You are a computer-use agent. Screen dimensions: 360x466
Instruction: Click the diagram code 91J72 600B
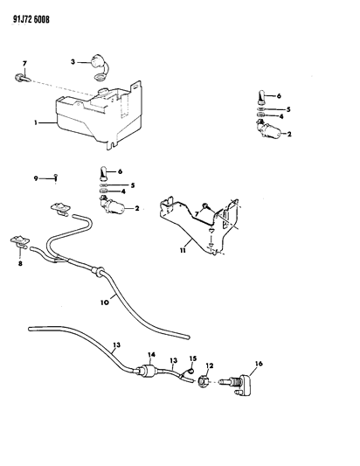(x=31, y=19)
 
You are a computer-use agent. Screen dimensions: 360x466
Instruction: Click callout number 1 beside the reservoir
(x=36, y=122)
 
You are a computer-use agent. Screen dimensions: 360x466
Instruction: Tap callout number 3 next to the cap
(x=73, y=62)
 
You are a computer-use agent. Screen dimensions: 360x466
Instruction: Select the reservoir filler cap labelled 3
(x=98, y=67)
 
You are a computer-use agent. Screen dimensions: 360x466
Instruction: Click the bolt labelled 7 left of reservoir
(x=21, y=79)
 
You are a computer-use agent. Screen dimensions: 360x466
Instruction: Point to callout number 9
(x=36, y=178)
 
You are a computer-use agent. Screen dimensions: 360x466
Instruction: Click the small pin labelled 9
(x=55, y=178)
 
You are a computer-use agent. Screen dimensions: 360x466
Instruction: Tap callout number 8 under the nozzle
(x=20, y=263)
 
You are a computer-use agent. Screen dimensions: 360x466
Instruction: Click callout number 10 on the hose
(x=105, y=303)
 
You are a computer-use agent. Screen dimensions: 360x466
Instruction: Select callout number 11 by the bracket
(x=183, y=250)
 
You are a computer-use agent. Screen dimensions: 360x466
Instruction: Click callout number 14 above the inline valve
(x=151, y=355)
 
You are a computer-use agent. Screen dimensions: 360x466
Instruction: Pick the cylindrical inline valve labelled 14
(x=148, y=372)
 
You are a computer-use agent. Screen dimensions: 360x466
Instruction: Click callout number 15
(x=193, y=358)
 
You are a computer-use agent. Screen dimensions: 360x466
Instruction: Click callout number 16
(x=259, y=364)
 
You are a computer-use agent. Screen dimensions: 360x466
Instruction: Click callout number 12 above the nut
(x=210, y=365)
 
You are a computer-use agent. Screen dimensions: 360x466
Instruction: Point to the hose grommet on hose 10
(x=97, y=271)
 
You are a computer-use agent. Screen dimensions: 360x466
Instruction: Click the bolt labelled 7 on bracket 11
(x=206, y=206)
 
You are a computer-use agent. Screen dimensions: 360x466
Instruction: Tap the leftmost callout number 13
(x=117, y=345)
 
